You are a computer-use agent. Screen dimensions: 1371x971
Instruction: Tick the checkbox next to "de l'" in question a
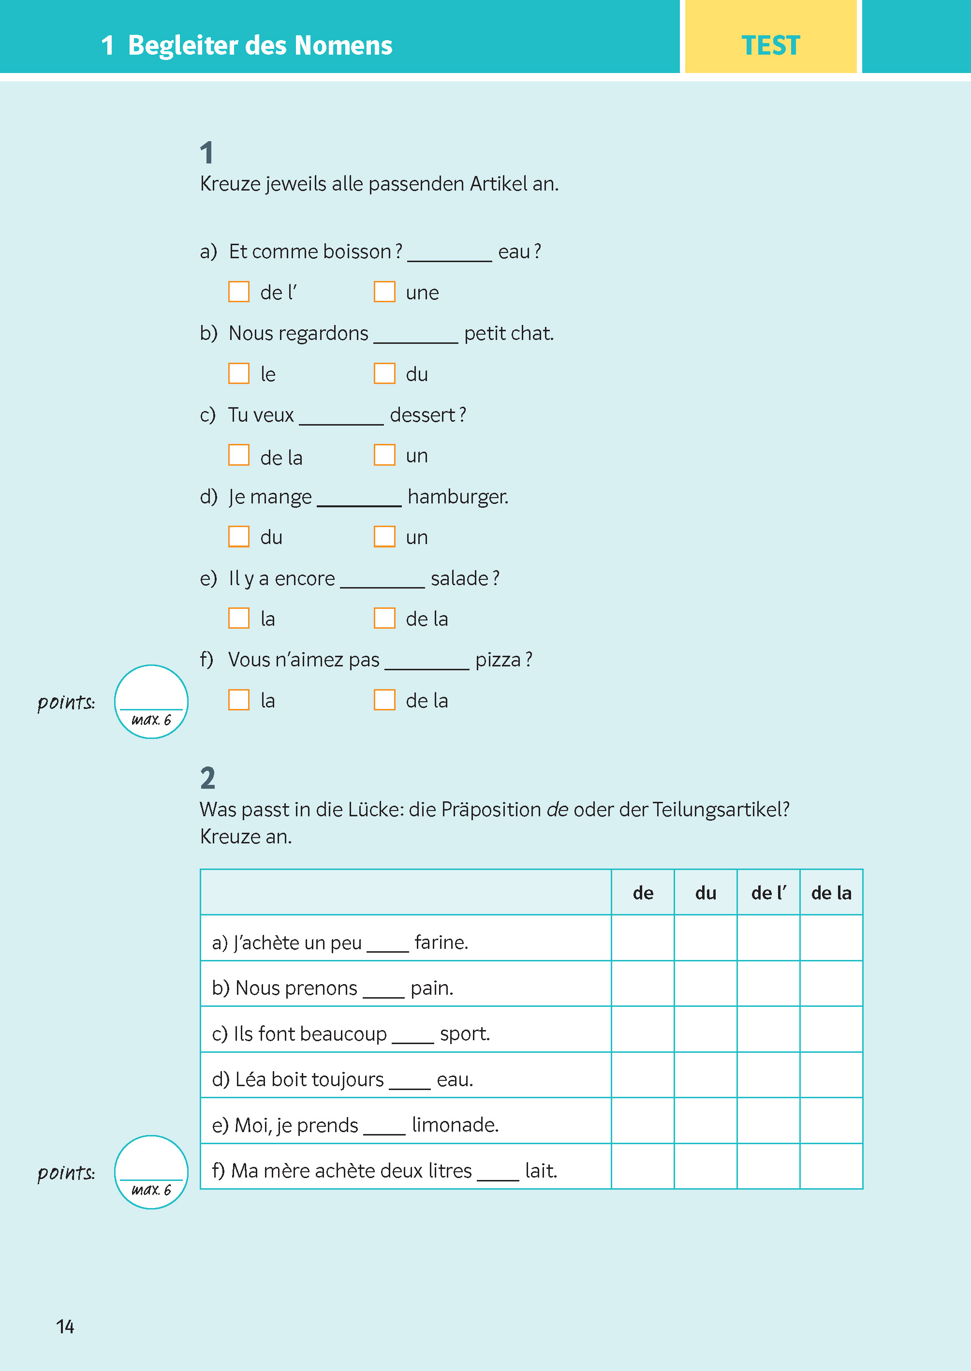pos(238,292)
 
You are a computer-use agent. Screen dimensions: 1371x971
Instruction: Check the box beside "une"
pos(384,292)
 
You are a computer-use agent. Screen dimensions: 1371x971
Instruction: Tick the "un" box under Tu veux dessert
pos(384,455)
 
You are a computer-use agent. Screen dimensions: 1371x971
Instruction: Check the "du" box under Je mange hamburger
pos(238,537)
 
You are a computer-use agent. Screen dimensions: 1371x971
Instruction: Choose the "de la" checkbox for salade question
pos(384,618)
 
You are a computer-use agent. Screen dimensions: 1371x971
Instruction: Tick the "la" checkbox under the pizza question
pos(238,700)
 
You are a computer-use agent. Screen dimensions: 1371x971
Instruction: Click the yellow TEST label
pos(770,45)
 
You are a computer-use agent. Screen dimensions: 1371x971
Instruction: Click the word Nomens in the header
pos(343,45)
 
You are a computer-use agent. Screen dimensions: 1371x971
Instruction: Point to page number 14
pos(65,1327)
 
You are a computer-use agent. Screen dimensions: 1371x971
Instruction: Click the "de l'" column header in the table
pos(768,893)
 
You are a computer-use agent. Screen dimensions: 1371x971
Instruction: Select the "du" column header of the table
pos(706,893)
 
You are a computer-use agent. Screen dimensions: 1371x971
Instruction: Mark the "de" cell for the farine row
pos(643,938)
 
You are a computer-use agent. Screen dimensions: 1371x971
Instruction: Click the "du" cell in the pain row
pos(706,984)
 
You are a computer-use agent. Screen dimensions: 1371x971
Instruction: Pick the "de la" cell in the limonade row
pos(831,1121)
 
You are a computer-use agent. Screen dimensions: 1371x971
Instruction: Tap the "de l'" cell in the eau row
pos(768,1075)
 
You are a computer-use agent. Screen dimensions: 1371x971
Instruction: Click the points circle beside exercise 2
pos(151,1172)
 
